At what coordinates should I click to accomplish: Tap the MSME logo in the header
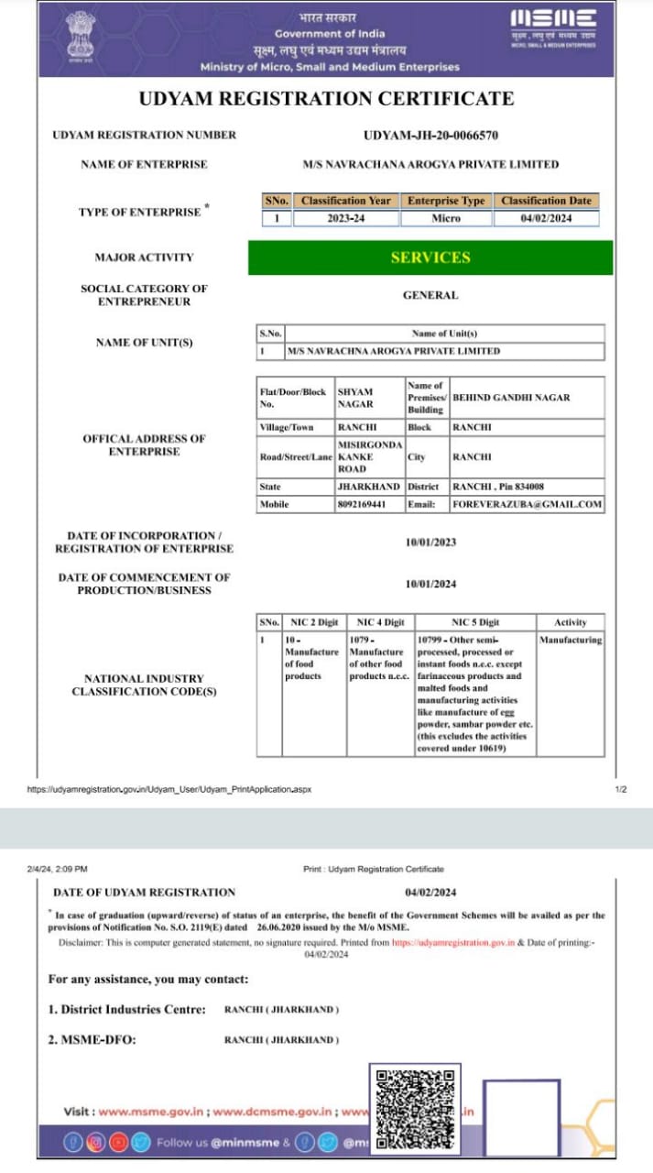(552, 25)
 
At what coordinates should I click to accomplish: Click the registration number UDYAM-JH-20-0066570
(430, 136)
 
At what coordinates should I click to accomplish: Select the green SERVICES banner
(430, 258)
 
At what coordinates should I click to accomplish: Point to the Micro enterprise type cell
(446, 219)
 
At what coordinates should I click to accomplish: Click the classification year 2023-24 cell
(345, 219)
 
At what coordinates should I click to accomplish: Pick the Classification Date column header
(546, 201)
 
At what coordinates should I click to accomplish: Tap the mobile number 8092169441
(363, 504)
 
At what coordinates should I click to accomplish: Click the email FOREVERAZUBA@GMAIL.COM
(527, 504)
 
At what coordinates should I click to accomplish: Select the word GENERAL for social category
(430, 296)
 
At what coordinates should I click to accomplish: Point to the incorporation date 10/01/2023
(430, 543)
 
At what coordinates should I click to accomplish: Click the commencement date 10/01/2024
(430, 585)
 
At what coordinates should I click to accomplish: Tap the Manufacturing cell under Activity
(571, 640)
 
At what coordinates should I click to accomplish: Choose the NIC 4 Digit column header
(380, 622)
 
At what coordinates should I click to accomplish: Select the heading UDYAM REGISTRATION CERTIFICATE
(326, 99)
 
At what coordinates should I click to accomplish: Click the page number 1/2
(620, 789)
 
